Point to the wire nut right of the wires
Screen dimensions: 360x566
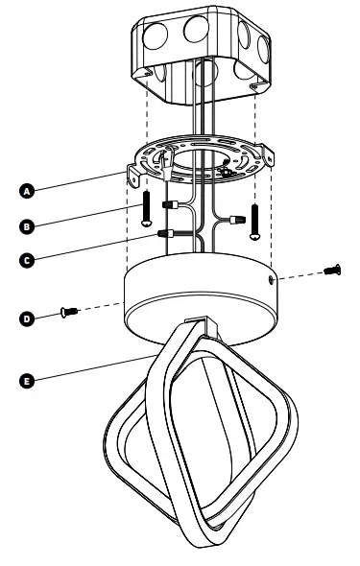tap(232, 220)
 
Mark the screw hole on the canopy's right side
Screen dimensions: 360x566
tap(273, 280)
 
